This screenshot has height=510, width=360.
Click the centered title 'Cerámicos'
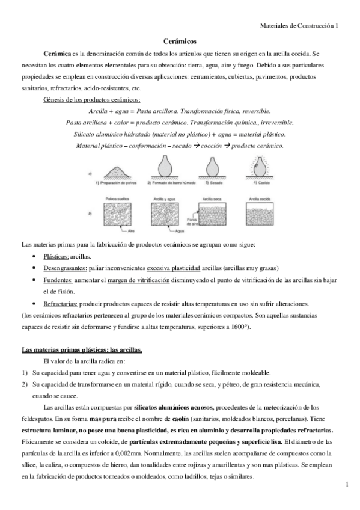[180, 42]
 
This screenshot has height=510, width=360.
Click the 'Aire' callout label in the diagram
[131, 231]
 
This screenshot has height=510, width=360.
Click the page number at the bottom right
[348, 485]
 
